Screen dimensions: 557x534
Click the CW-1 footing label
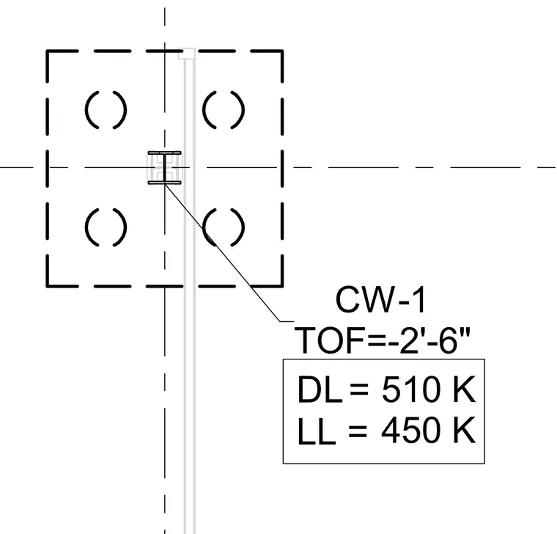(x=380, y=300)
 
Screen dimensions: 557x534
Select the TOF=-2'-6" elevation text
(x=383, y=340)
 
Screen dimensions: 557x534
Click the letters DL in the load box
(x=320, y=389)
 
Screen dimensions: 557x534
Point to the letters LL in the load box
(x=317, y=431)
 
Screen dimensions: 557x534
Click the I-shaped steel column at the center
(x=164, y=168)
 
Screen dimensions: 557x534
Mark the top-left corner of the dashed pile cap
(x=47, y=51)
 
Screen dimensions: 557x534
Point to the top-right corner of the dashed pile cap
(x=282, y=51)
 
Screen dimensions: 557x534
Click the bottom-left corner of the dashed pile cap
(x=47, y=285)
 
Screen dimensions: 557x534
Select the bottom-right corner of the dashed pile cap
(x=282, y=285)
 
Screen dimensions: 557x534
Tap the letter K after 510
(x=464, y=389)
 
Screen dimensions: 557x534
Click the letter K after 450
(x=464, y=430)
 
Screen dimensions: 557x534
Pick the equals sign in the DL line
(x=359, y=389)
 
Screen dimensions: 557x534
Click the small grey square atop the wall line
(x=186, y=54)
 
